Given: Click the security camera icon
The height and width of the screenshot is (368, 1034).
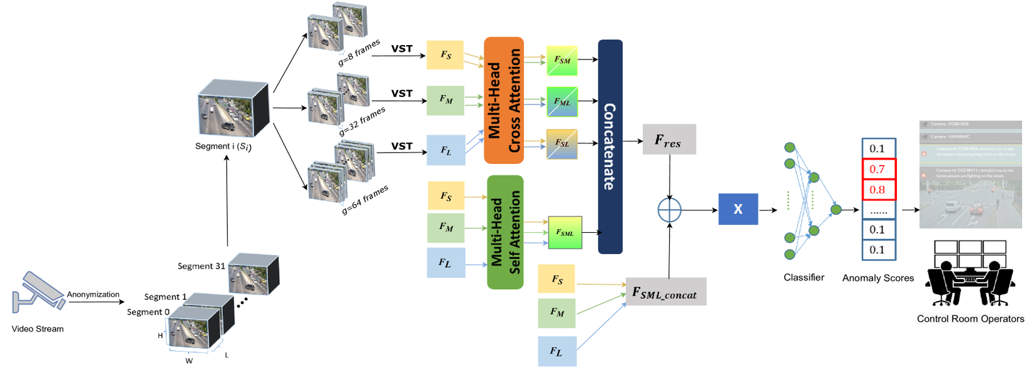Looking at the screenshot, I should click(x=38, y=292).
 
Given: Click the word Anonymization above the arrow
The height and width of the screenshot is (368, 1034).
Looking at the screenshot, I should click(x=93, y=294).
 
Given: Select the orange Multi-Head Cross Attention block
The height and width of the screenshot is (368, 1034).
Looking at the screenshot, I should click(x=504, y=100).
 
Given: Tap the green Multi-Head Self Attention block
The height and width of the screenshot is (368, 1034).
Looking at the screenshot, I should click(x=505, y=232).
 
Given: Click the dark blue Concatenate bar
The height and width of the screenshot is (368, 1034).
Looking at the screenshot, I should click(x=610, y=146).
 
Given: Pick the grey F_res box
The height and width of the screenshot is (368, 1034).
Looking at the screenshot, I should click(x=668, y=140).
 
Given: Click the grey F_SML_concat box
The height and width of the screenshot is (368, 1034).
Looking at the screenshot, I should click(x=665, y=292).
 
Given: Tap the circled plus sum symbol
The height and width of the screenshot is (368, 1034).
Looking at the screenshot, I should click(x=669, y=210).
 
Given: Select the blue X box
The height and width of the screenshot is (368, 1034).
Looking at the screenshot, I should click(x=738, y=209).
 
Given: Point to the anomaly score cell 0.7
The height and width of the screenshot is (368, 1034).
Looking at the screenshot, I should click(x=878, y=169).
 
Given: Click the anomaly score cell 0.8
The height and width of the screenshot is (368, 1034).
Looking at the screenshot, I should click(x=878, y=190).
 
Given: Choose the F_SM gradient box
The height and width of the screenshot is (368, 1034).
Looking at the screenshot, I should click(x=562, y=60).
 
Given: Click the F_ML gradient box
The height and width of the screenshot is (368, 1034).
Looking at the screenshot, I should click(x=562, y=102).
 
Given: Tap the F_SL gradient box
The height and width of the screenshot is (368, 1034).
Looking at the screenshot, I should click(x=562, y=143).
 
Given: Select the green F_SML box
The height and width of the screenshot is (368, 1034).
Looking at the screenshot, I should click(x=565, y=233).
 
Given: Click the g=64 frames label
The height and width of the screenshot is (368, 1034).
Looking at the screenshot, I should click(x=365, y=200).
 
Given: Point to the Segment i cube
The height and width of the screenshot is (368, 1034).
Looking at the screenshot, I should click(x=232, y=108).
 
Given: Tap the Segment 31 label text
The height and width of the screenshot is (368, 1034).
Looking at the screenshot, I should click(x=201, y=266).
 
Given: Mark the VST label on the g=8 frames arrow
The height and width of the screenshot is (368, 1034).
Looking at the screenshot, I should click(x=402, y=48).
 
